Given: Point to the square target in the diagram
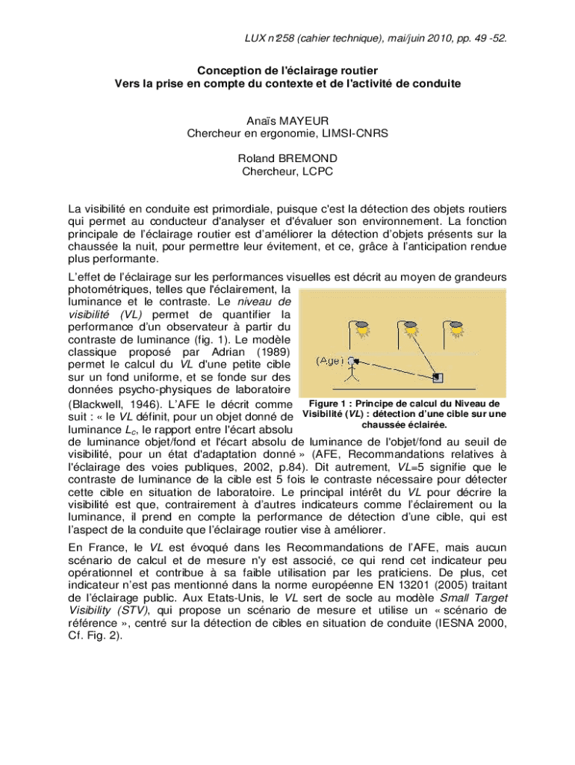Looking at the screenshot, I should tap(438, 377).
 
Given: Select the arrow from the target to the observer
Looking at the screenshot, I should tap(396, 369).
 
